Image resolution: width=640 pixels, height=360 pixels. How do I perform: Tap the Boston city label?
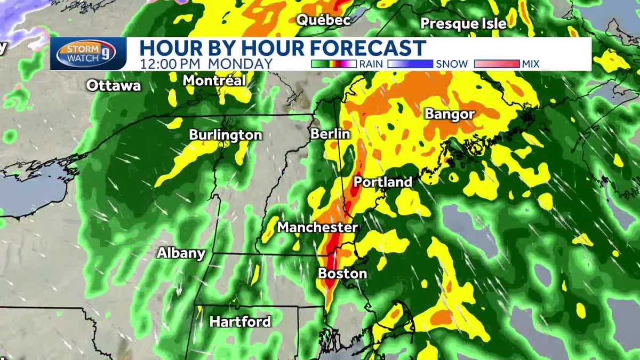(x=342, y=274)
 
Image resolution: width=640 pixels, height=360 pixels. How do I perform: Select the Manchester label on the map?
(x=317, y=227)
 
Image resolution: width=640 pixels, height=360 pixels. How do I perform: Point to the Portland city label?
(x=383, y=182)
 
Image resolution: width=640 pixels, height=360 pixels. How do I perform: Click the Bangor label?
(x=450, y=114)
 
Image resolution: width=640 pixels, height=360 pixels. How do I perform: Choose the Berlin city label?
(x=330, y=133)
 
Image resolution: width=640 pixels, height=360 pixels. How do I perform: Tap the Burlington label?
(x=226, y=135)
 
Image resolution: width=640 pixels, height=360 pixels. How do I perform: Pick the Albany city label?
(x=181, y=253)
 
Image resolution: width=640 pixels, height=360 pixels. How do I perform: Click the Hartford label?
(x=240, y=322)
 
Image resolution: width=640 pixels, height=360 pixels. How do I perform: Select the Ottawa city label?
(x=114, y=85)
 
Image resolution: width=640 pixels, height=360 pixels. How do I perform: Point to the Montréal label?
(x=214, y=81)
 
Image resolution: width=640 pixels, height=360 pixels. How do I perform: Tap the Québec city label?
(x=324, y=20)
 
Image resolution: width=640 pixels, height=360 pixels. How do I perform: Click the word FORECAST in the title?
(x=368, y=48)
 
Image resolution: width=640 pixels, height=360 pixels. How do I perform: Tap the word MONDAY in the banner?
(x=240, y=63)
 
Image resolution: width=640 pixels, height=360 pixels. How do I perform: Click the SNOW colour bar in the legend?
(x=410, y=64)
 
